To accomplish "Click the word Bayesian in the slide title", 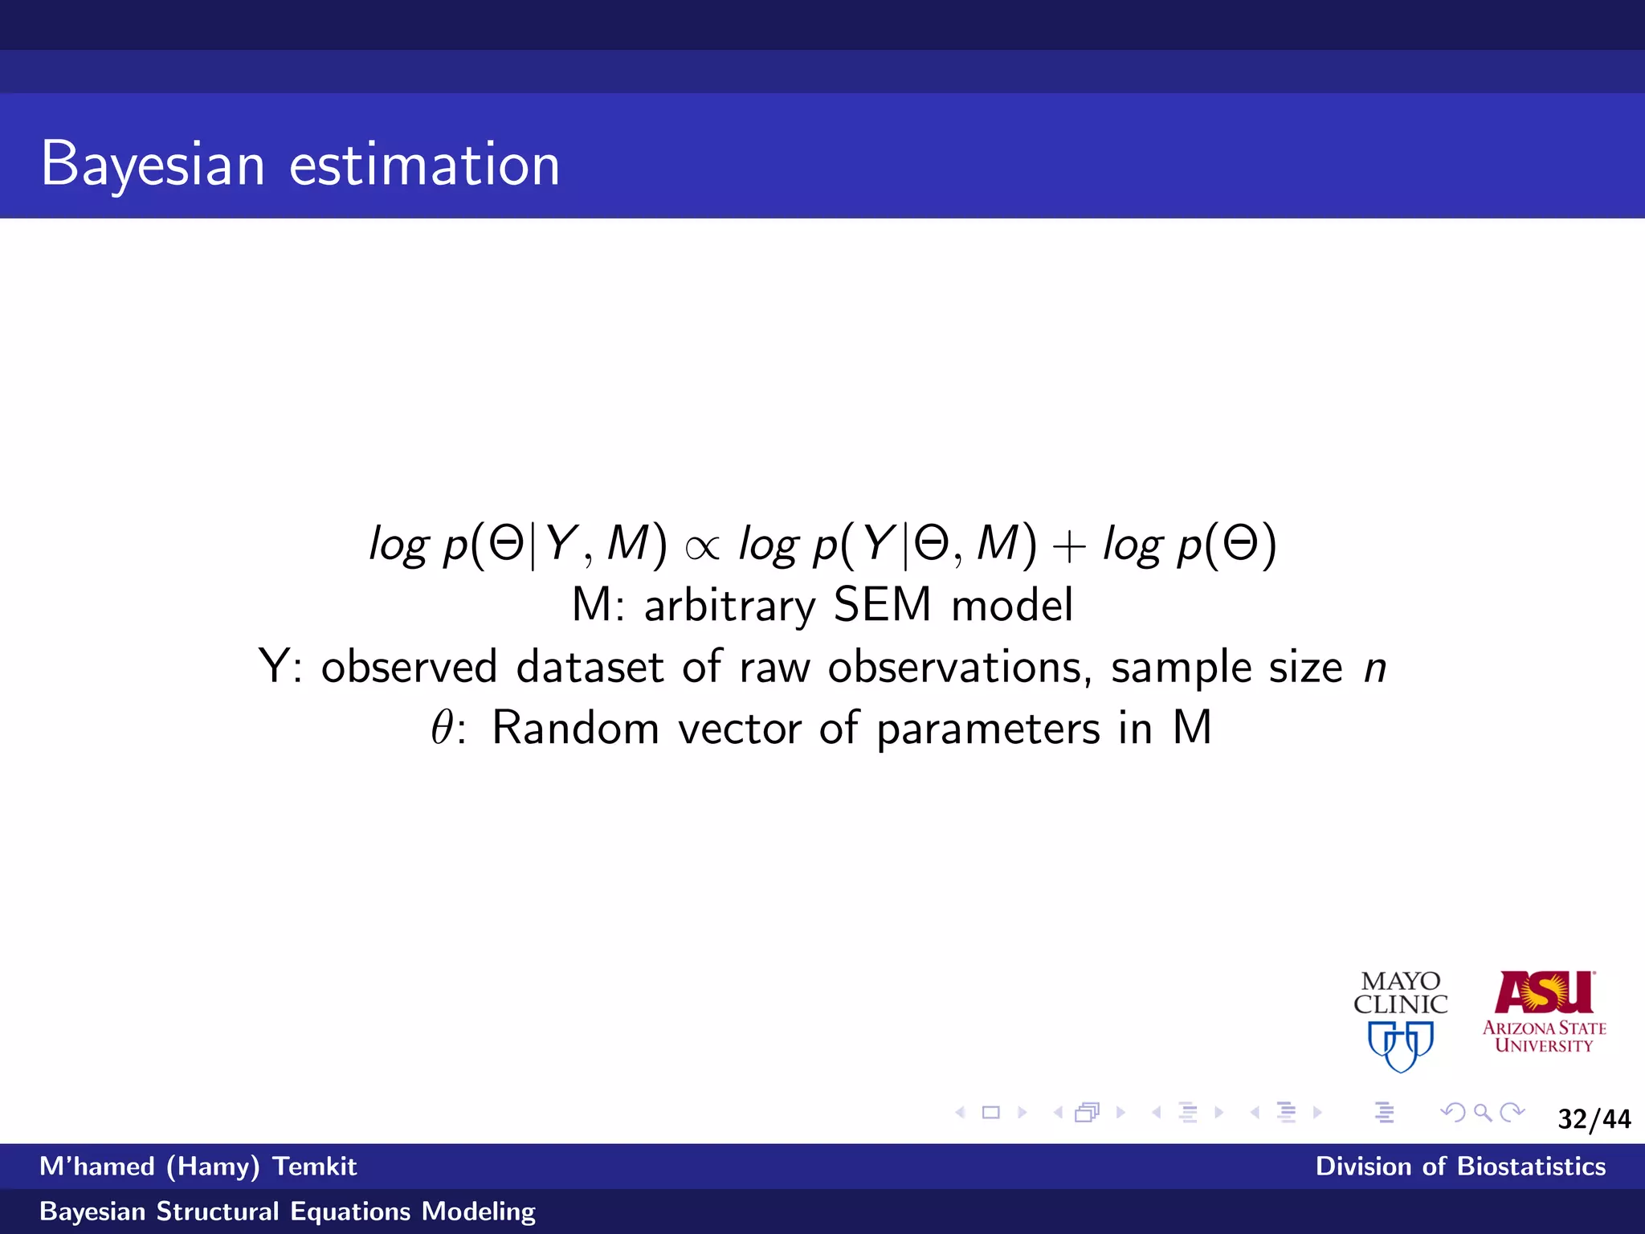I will (153, 165).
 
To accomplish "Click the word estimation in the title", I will (424, 165).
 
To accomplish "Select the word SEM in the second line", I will (882, 605).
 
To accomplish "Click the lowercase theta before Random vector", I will (443, 728).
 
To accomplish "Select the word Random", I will (575, 729).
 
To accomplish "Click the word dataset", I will (590, 667).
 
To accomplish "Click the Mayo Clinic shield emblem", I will (1401, 1045).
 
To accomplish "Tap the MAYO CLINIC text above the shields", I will (1401, 993).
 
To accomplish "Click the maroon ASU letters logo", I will (1544, 993).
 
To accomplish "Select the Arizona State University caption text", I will (1544, 1036).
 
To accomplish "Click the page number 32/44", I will (1594, 1119).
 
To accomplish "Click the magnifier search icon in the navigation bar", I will (1483, 1113).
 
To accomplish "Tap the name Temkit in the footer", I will (314, 1167).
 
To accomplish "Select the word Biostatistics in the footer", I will (1531, 1167).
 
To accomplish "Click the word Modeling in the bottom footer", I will (479, 1212).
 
